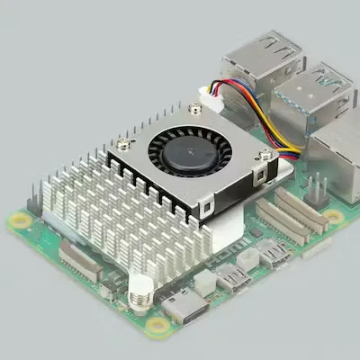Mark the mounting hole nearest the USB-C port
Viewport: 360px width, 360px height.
pos(158,324)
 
